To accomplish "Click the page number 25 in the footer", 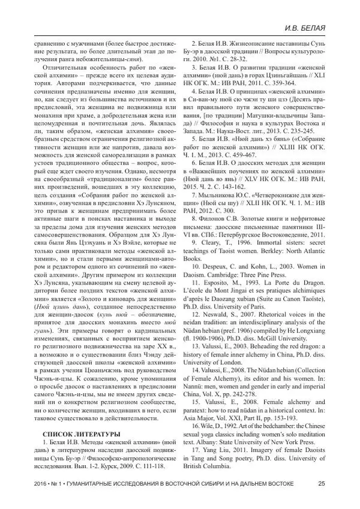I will [x=322, y=484].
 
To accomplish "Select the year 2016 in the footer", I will [x=43, y=484].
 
